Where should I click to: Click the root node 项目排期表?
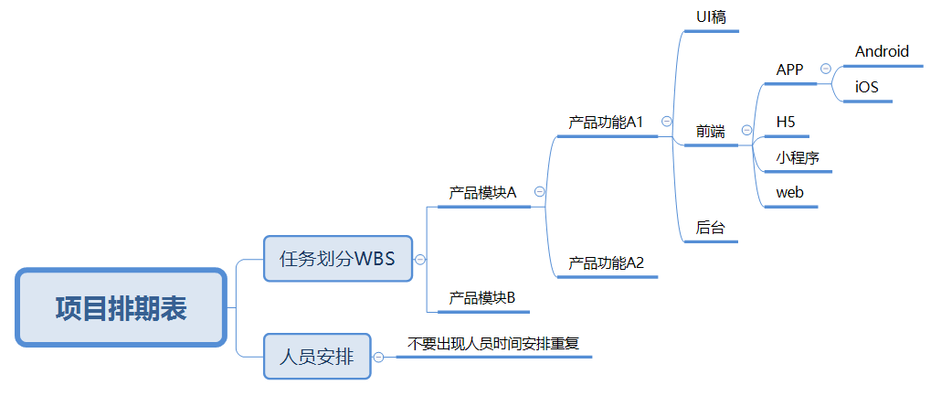(x=121, y=308)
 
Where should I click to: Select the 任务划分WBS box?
(x=337, y=258)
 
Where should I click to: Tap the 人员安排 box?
(x=317, y=356)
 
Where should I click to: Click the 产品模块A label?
(x=482, y=193)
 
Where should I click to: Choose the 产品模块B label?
(x=482, y=298)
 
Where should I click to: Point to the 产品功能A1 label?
(x=606, y=122)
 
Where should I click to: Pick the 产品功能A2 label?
(x=606, y=263)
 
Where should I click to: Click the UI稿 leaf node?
(x=711, y=16)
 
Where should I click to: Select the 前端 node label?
(x=710, y=132)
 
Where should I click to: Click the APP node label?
(x=789, y=70)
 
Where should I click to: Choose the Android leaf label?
(x=882, y=52)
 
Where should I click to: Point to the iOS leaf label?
(x=866, y=87)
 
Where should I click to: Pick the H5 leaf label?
(x=786, y=122)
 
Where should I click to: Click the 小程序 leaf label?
(x=798, y=157)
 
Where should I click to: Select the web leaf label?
(x=789, y=193)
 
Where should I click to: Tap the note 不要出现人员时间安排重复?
(x=493, y=344)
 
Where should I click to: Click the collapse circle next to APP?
(x=826, y=69)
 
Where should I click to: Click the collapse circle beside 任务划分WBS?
(x=420, y=259)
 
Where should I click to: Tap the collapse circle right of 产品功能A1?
(x=667, y=121)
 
